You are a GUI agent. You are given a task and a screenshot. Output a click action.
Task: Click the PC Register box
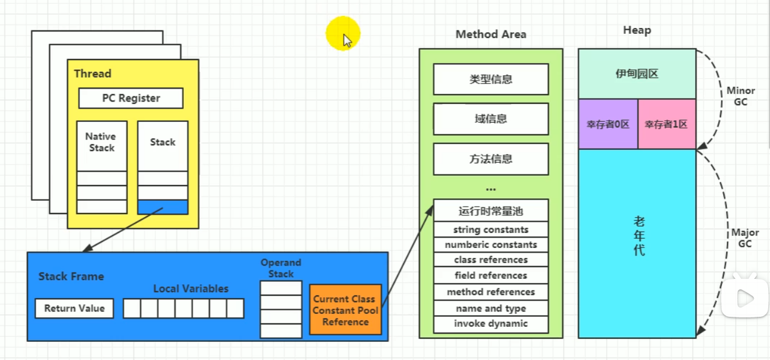click(x=131, y=98)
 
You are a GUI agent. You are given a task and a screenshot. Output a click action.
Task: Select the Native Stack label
click(x=101, y=142)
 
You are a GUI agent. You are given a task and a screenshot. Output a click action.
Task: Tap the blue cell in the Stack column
click(x=163, y=207)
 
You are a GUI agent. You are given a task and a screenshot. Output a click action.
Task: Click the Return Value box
click(x=74, y=308)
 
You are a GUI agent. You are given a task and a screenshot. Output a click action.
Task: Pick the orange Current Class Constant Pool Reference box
click(x=345, y=310)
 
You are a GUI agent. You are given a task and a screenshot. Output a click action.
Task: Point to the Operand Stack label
click(x=281, y=268)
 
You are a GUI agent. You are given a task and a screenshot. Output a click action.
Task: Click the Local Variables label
click(x=191, y=288)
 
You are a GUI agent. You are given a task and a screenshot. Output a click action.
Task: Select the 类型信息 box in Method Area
click(x=490, y=79)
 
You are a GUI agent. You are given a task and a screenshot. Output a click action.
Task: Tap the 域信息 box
click(x=490, y=119)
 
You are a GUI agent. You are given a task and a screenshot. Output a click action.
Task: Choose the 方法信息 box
click(x=490, y=159)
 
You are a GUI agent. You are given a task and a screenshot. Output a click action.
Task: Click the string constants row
click(x=490, y=229)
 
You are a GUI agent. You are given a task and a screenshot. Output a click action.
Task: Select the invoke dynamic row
click(x=490, y=324)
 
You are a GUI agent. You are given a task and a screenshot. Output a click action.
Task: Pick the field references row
click(x=490, y=275)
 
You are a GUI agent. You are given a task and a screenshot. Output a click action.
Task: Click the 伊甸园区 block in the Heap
click(x=636, y=74)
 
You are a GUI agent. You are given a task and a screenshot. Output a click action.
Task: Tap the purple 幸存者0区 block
click(x=608, y=124)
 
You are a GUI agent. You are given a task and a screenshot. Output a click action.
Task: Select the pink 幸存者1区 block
click(x=666, y=124)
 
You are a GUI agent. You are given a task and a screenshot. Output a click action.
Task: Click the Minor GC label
click(x=741, y=96)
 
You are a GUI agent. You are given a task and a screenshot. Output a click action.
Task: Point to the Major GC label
click(x=745, y=238)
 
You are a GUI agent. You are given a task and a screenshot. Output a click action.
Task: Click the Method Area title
click(x=490, y=34)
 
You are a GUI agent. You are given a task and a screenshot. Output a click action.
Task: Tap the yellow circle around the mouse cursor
click(x=343, y=33)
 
